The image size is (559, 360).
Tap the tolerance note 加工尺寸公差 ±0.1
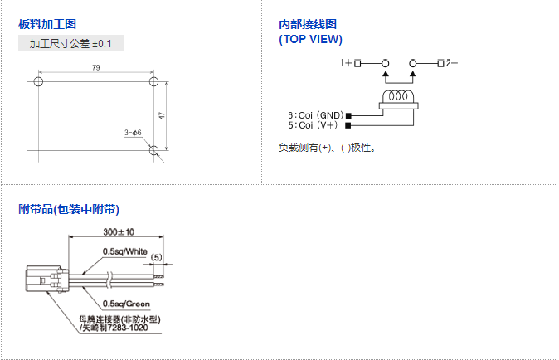click(x=70, y=43)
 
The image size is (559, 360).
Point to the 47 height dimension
click(x=163, y=115)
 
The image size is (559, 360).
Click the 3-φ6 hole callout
click(x=133, y=133)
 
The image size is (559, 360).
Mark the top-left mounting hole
click(x=38, y=82)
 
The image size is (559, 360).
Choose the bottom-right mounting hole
click(x=153, y=150)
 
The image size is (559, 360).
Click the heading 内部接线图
click(x=309, y=25)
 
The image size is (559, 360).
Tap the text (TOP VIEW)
click(x=311, y=39)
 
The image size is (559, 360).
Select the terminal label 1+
click(x=346, y=63)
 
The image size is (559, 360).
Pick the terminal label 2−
click(x=452, y=63)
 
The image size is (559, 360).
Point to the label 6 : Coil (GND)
click(x=316, y=115)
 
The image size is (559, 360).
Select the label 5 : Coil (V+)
click(x=314, y=125)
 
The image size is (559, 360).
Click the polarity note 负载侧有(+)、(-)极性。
click(x=328, y=148)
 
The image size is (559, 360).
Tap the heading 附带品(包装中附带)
click(x=75, y=209)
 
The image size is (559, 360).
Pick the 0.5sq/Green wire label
click(x=126, y=304)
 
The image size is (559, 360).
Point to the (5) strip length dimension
click(x=158, y=258)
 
